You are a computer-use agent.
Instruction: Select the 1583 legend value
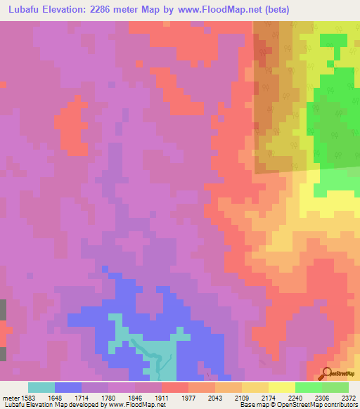pos(27,397)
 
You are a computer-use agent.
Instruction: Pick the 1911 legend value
pos(160,397)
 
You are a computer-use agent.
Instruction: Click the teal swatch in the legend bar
pos(41,387)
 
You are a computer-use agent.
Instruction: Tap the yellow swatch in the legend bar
pos(282,387)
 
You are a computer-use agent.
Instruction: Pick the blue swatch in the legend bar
pos(68,387)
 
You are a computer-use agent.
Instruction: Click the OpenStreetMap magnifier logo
pos(328,373)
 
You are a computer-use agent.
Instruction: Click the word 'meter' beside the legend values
pos(8,397)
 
